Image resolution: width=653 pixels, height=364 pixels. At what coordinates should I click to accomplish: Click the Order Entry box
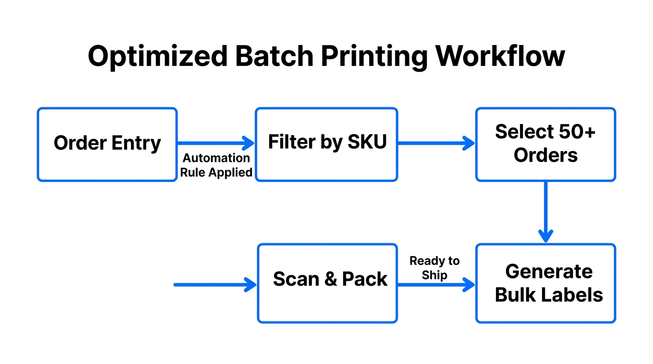pyautogui.click(x=107, y=144)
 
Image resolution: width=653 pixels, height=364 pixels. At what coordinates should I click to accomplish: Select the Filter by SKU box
pyautogui.click(x=326, y=144)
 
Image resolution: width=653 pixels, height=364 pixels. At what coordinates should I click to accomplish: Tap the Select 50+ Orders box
pyautogui.click(x=545, y=144)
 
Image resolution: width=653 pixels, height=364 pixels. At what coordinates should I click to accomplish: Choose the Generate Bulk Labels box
pyautogui.click(x=545, y=283)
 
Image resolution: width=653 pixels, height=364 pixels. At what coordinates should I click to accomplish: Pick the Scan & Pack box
pyautogui.click(x=327, y=283)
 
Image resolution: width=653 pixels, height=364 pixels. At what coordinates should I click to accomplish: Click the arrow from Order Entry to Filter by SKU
pyautogui.click(x=216, y=142)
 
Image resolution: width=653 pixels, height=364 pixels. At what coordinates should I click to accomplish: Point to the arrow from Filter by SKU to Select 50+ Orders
pyautogui.click(x=436, y=142)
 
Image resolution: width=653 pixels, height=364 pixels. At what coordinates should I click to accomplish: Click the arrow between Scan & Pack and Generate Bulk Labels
pyautogui.click(x=436, y=285)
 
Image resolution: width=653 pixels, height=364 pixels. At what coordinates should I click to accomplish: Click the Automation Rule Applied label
pyautogui.click(x=216, y=165)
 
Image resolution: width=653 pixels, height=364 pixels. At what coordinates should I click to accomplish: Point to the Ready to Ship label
pyautogui.click(x=434, y=268)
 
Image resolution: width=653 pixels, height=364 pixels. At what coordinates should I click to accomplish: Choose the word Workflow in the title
pyautogui.click(x=501, y=56)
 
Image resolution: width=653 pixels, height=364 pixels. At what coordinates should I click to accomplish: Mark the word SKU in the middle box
pyautogui.click(x=367, y=142)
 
